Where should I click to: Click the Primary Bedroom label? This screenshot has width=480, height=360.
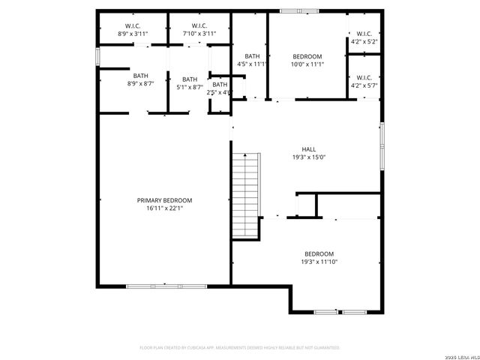click(x=164, y=200)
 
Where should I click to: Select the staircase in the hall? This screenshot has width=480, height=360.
click(x=245, y=195)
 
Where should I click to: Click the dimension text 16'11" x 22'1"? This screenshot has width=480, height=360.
click(x=164, y=208)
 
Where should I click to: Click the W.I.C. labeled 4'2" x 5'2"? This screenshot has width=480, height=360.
click(x=364, y=37)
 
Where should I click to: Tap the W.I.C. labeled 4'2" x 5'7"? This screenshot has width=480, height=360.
click(x=364, y=81)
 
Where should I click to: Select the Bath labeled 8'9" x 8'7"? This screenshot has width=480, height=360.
click(x=140, y=79)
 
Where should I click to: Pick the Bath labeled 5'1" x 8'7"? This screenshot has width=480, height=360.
click(x=190, y=83)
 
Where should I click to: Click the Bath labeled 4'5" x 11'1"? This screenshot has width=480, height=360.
click(x=252, y=60)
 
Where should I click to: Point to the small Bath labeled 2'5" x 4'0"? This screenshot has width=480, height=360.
click(x=220, y=88)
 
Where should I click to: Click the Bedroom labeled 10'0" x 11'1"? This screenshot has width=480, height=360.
click(x=307, y=60)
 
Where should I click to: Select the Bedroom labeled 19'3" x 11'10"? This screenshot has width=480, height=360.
click(x=318, y=257)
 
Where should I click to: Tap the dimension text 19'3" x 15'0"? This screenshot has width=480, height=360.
click(x=308, y=157)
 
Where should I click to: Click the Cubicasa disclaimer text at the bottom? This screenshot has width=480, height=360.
click(x=240, y=348)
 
